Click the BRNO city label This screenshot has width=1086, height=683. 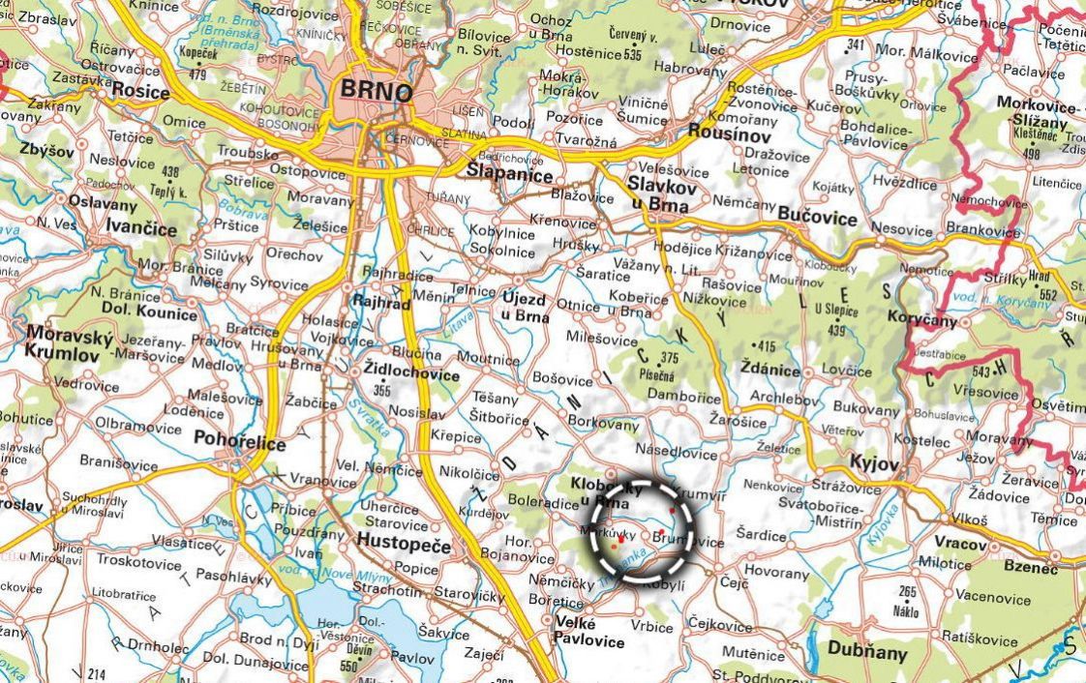click(x=377, y=92)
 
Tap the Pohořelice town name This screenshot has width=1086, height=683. click(x=240, y=443)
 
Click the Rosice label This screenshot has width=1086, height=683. click(x=140, y=92)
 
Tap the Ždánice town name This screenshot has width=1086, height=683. click(x=769, y=371)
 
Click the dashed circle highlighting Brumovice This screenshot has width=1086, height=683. click(x=642, y=530)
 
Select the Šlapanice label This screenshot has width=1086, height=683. click(x=509, y=175)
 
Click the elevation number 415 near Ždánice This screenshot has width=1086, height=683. click(x=767, y=346)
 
